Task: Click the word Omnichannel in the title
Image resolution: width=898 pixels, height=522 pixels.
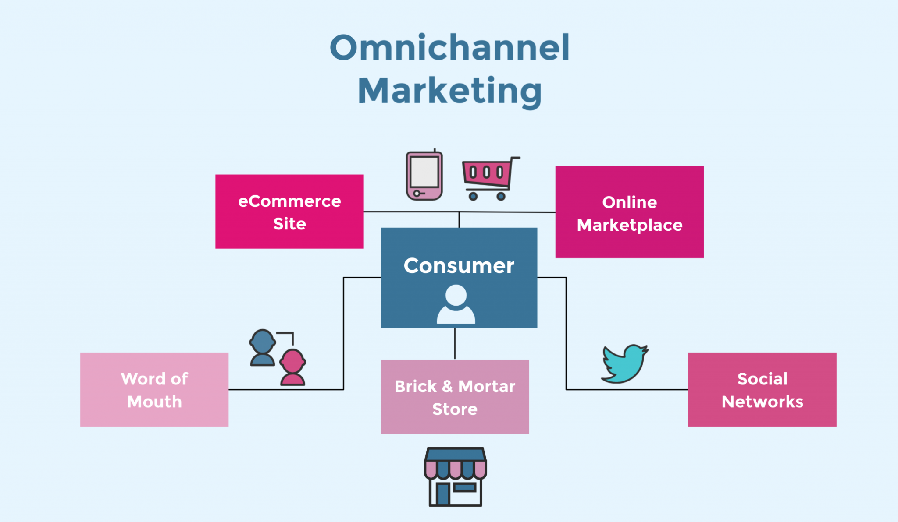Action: click(449, 48)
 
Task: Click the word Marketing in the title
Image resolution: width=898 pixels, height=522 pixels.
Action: click(450, 91)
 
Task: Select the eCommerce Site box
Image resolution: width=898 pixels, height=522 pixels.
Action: click(289, 212)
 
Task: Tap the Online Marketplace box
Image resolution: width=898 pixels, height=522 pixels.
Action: click(629, 212)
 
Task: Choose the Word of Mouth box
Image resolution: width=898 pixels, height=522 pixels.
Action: click(154, 390)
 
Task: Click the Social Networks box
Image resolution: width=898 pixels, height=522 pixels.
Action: click(762, 390)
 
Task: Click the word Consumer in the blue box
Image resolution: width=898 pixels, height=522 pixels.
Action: click(459, 266)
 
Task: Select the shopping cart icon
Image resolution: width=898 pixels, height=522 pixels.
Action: click(489, 177)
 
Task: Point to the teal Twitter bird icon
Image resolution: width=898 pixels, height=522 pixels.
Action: click(624, 363)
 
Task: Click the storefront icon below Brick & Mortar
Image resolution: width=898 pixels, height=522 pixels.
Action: click(455, 477)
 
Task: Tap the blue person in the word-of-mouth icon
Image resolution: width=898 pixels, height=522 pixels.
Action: click(262, 347)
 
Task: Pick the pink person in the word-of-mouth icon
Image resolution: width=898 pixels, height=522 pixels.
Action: click(292, 367)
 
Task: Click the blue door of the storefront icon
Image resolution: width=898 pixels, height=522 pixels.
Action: click(443, 494)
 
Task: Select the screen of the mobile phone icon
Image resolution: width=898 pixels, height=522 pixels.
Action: click(424, 172)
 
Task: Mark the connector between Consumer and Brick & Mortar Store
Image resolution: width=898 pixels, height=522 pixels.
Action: click(455, 344)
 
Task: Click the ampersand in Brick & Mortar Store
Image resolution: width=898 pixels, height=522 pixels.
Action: click(447, 386)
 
